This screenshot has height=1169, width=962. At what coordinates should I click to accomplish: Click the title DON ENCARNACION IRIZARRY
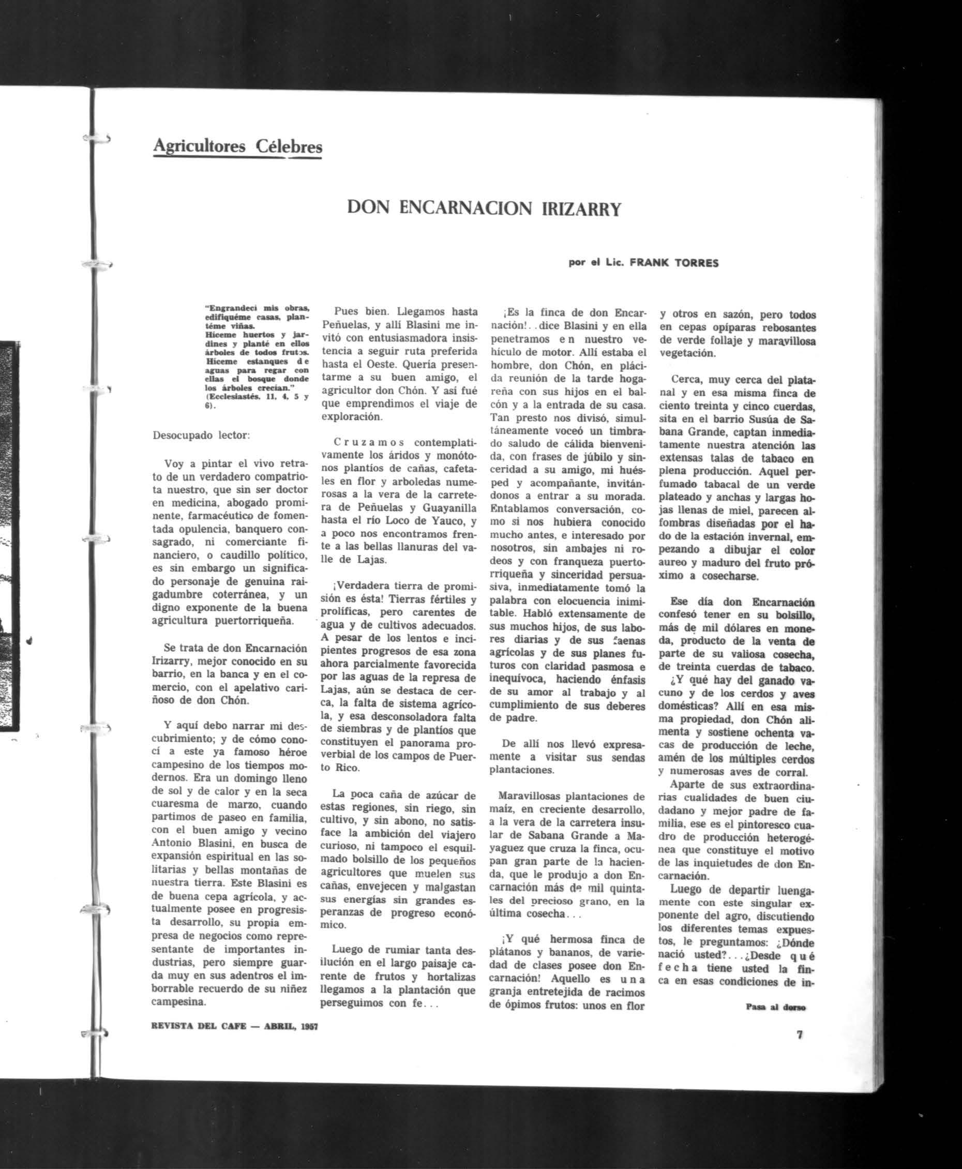[x=484, y=208]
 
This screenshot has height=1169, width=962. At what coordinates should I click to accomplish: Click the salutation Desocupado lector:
[x=201, y=435]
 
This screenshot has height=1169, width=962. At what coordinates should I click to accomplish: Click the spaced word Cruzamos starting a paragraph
[x=369, y=442]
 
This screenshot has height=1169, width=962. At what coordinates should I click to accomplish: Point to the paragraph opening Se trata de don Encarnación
[x=230, y=648]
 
